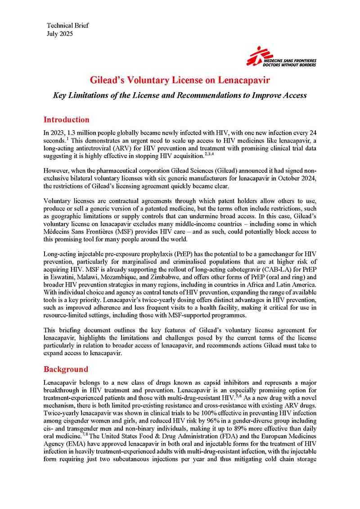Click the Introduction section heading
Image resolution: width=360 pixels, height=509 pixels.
tap(66, 120)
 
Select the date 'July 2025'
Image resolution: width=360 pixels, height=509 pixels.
tap(59, 33)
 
